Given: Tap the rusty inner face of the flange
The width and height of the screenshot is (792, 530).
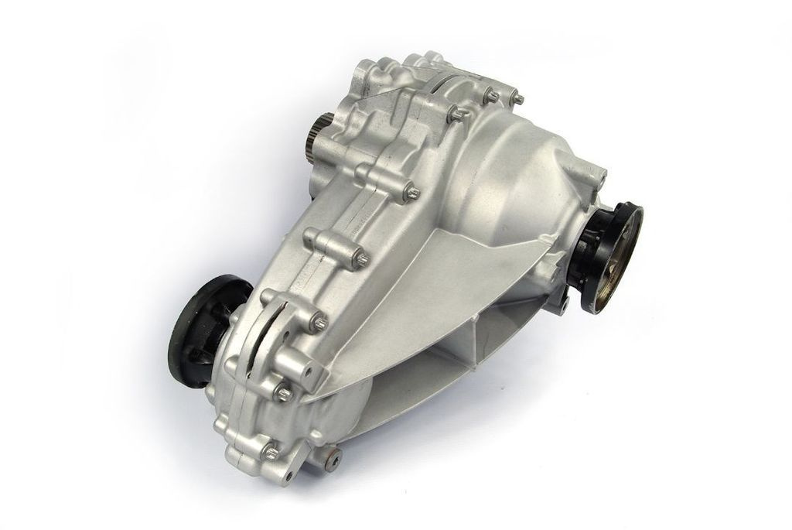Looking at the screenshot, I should (x=619, y=259).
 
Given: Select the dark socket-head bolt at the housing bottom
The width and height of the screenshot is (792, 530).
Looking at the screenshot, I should (x=333, y=460).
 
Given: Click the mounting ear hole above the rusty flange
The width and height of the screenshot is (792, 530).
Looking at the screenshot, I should (x=603, y=180).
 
